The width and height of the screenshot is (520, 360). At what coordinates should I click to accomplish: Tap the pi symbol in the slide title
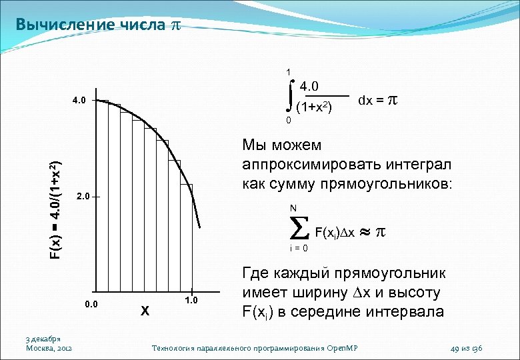176,26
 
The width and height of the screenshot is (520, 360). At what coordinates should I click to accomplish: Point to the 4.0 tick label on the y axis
79,101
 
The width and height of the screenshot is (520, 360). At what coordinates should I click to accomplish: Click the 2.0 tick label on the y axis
83,197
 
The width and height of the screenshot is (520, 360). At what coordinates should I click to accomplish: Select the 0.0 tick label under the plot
91,305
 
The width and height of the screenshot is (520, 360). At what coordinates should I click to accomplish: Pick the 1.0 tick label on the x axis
191,301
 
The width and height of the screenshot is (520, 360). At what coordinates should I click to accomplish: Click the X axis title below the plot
145,310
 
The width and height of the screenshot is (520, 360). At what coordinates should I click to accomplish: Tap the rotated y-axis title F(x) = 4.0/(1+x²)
57,210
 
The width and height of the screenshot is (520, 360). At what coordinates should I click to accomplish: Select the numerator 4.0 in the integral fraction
310,86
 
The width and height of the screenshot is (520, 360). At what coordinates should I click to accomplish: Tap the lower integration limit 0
288,121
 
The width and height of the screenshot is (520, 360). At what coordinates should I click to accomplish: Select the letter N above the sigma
293,208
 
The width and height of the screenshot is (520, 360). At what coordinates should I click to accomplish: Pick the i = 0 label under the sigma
299,249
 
